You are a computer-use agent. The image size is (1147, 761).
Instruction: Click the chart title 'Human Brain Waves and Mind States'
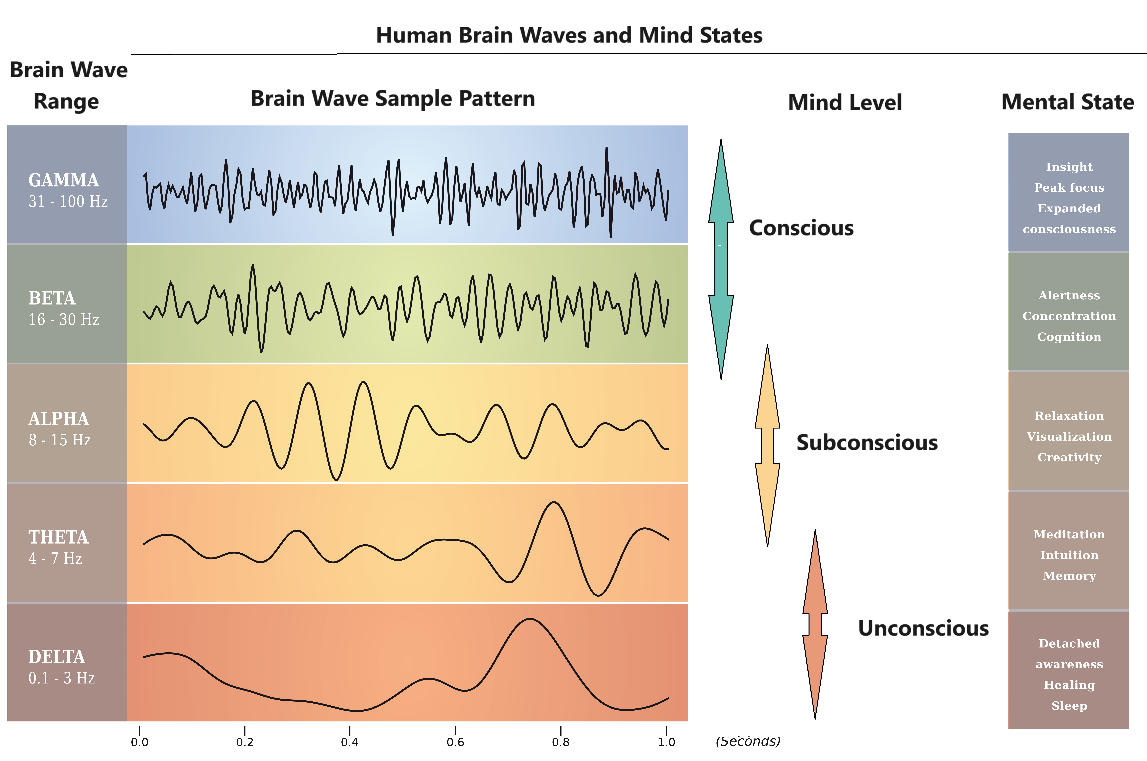click(569, 35)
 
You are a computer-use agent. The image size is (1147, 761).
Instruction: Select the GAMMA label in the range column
click(64, 180)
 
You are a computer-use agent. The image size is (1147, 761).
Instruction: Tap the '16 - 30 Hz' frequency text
click(64, 319)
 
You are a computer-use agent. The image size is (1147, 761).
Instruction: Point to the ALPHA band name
click(59, 418)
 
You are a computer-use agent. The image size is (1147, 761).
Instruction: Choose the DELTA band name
click(57, 657)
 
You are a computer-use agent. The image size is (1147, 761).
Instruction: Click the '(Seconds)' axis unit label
click(748, 741)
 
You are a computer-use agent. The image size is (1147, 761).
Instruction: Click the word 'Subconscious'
click(867, 443)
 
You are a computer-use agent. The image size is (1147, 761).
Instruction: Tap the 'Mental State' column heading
click(1068, 102)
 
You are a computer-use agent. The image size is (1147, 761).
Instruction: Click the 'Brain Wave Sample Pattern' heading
click(393, 98)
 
